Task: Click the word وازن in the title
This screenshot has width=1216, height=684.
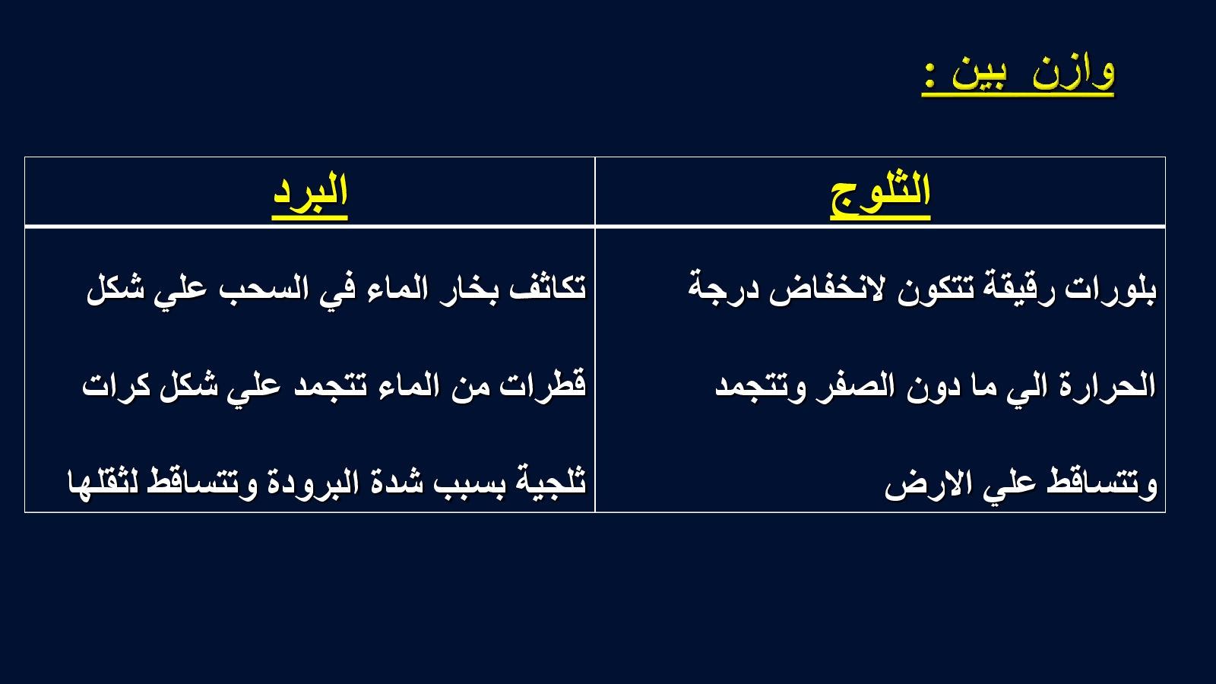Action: click(x=1073, y=73)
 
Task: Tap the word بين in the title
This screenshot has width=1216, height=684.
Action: click(x=979, y=76)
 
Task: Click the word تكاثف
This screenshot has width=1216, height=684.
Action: click(x=548, y=287)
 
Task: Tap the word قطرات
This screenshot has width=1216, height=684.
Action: click(x=543, y=385)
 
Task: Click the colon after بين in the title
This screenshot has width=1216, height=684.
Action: click(x=930, y=75)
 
